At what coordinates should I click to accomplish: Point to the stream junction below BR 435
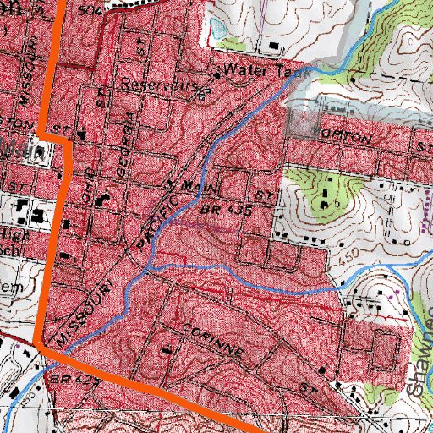point(148,269)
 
